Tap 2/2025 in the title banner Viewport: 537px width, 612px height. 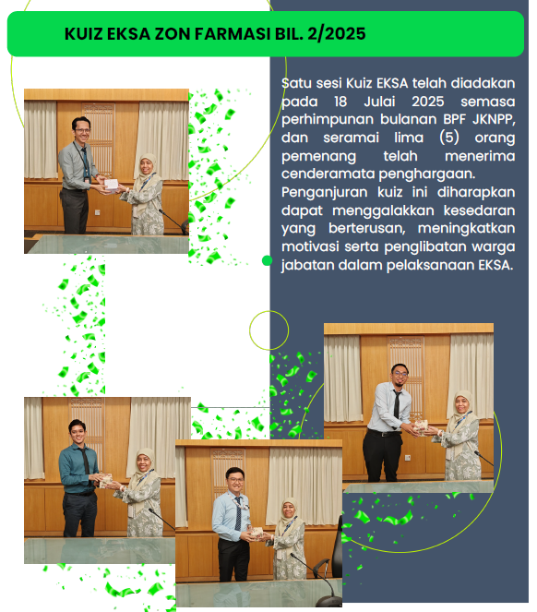[337, 34]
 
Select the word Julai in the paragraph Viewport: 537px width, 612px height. [379, 102]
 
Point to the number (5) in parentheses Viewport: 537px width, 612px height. [448, 138]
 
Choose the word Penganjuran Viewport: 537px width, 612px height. [324, 192]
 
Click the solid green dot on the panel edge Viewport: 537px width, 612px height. [267, 260]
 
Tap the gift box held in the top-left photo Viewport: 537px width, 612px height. [112, 185]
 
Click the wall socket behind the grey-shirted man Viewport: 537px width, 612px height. [97, 212]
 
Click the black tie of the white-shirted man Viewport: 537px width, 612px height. [397, 404]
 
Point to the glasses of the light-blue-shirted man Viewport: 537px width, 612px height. [235, 480]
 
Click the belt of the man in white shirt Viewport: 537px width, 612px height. [385, 433]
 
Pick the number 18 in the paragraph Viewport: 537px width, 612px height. [340, 102]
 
